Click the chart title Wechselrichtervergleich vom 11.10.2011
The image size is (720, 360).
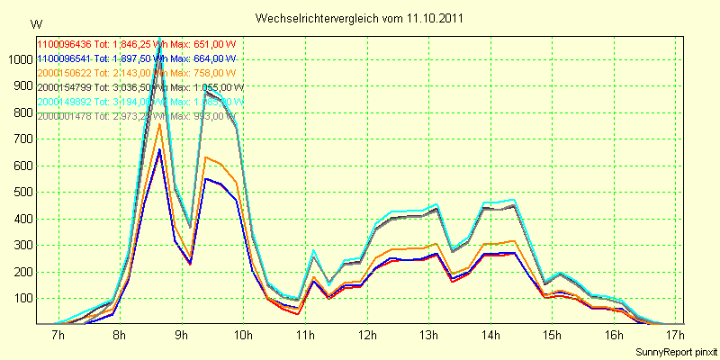(x=360, y=18)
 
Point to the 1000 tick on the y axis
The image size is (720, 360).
(x=18, y=60)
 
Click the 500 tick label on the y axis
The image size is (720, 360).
(x=21, y=193)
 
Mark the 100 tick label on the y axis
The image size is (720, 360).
(x=21, y=298)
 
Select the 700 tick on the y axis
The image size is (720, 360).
(x=21, y=139)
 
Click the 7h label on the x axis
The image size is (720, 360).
(x=58, y=336)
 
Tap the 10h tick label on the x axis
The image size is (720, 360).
(x=242, y=336)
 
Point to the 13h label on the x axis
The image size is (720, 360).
(x=428, y=336)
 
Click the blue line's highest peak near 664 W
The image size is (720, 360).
(x=159, y=149)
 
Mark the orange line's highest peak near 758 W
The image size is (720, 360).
(x=159, y=124)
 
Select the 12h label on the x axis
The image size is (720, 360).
(x=366, y=336)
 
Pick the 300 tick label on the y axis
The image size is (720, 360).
(x=21, y=246)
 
